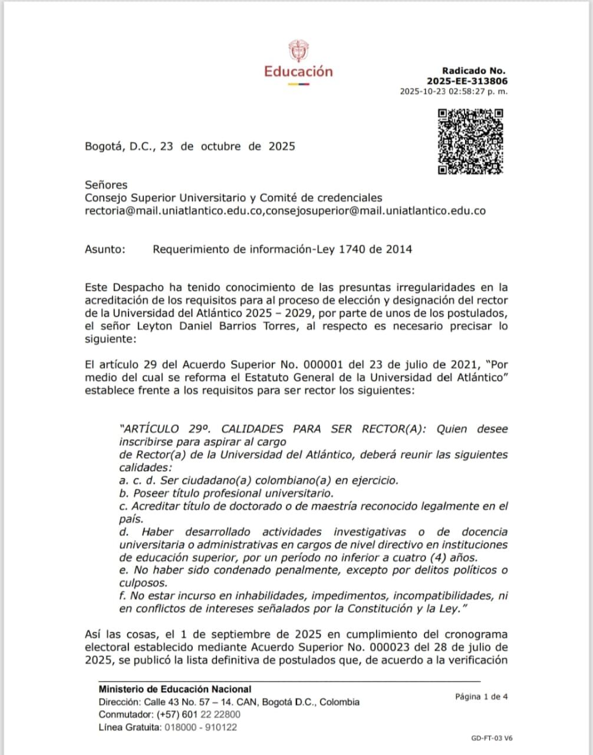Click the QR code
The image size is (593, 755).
click(x=470, y=142)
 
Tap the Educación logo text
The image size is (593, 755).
click(x=298, y=72)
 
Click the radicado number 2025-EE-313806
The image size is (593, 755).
click(x=467, y=81)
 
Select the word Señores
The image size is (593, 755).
click(x=106, y=185)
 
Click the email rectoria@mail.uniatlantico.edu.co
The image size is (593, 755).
click(x=173, y=211)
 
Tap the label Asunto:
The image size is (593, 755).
click(x=105, y=249)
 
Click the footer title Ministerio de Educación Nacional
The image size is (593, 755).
click(x=175, y=689)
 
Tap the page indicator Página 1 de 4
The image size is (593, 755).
click(x=481, y=697)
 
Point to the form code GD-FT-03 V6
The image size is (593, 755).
click(x=492, y=738)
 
